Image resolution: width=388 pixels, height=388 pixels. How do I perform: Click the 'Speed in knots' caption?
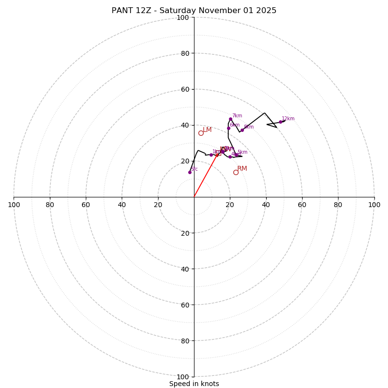coord(194,384)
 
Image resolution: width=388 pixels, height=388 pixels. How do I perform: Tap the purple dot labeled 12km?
coord(280,122)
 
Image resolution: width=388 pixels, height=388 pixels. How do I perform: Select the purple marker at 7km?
coord(230,119)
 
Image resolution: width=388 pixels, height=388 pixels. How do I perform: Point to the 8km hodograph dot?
coord(242,130)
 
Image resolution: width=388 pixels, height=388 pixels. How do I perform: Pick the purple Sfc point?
coord(190,172)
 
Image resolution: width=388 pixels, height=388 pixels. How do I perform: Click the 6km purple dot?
coord(228,128)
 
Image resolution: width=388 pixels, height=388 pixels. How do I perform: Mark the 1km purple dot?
coord(211,155)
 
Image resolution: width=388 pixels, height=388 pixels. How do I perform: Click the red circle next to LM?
coord(201,133)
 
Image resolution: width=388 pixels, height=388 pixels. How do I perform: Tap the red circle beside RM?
coord(236,172)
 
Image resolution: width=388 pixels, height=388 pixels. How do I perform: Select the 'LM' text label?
coord(207,130)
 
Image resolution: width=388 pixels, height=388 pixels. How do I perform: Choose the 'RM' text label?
coord(242,169)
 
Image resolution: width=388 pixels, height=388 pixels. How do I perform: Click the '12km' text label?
coord(288,119)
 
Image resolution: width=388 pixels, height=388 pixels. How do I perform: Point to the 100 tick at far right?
coord(374,205)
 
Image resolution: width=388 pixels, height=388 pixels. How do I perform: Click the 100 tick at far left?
coord(14,205)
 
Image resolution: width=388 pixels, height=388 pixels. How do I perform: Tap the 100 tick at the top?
coord(182,17)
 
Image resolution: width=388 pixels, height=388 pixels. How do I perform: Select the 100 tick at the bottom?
coord(182,377)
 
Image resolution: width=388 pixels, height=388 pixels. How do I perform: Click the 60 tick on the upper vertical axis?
coord(184,89)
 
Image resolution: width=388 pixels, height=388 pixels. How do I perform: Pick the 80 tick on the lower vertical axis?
coord(184,341)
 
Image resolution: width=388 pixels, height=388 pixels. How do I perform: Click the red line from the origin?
coord(206,176)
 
